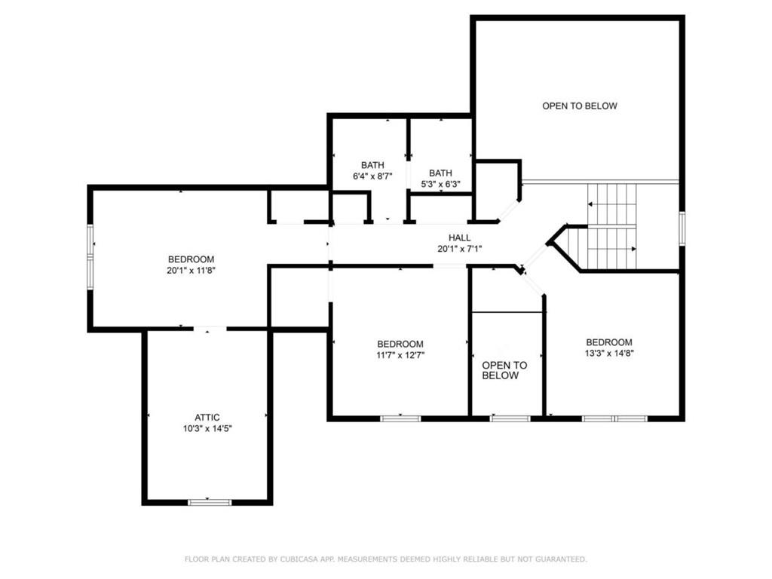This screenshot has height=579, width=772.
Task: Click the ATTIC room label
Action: (x=207, y=417)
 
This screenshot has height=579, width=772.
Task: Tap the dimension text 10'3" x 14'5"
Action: (x=207, y=428)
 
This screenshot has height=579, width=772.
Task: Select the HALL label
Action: (x=460, y=237)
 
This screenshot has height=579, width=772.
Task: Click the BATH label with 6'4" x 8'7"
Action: (x=372, y=165)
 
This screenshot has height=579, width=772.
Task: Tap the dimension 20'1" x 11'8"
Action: (x=191, y=270)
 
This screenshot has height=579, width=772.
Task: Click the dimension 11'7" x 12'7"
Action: (x=400, y=355)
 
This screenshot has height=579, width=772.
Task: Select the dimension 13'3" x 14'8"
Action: (x=609, y=353)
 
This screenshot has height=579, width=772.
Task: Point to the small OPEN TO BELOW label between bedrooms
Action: (x=504, y=370)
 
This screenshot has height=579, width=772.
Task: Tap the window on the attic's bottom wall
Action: (x=209, y=502)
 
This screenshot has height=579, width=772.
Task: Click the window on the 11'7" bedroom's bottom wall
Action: (x=400, y=418)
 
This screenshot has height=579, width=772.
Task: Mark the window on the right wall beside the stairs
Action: (x=682, y=228)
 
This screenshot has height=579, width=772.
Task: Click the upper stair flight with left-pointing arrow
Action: (x=612, y=204)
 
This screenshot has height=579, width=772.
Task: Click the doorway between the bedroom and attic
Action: (x=210, y=329)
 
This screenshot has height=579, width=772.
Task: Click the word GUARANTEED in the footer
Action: (x=562, y=559)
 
